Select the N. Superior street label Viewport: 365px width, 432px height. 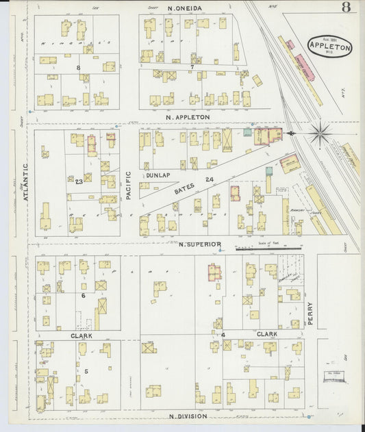coord(200,244)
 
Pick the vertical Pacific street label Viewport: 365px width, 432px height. coord(128,185)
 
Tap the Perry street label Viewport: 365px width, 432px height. coord(310,314)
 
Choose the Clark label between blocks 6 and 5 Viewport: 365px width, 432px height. coord(81,336)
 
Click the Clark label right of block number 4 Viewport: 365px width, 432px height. coord(266,334)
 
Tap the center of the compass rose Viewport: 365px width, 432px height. coord(320,132)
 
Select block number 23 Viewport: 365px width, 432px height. coord(79,180)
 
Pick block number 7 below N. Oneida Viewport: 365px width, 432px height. coord(193,67)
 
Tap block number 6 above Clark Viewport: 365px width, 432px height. coord(83,296)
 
